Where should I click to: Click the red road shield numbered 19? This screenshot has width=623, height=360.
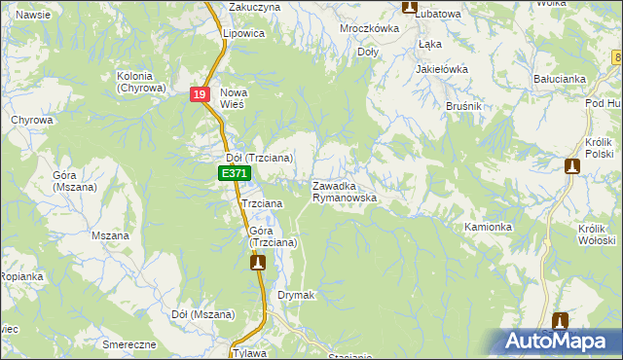[x=199, y=94]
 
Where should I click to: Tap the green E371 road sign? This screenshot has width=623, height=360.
[x=233, y=173]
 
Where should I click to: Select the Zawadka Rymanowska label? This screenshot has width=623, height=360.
[x=345, y=191]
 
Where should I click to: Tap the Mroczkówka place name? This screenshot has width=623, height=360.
[x=370, y=29]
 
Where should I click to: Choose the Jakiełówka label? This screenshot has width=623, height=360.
[x=442, y=70]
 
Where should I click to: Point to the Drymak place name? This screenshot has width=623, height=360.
[x=296, y=294]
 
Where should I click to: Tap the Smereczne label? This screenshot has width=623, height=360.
[x=129, y=345]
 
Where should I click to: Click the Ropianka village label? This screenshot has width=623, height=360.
[x=20, y=277]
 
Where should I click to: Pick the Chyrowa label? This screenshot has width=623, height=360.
[x=31, y=121]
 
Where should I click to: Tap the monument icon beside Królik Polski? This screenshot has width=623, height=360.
[x=571, y=166]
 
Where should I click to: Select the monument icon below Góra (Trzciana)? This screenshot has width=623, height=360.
[x=257, y=262]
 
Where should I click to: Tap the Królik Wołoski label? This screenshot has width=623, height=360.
[x=597, y=234]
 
